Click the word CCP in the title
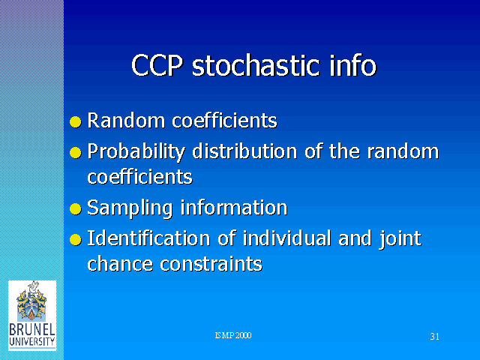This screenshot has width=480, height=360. pos(157,65)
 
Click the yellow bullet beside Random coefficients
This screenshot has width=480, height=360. pos(76,121)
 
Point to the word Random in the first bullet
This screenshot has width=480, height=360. pos(126,120)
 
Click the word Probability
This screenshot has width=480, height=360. pos(136,152)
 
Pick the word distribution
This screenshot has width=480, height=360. pos(244,151)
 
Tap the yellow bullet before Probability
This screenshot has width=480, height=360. pos(76,152)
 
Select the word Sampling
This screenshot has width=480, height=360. pos(130,208)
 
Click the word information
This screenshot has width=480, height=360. pos(234,207)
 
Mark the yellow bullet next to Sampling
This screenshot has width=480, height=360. pos(76,209)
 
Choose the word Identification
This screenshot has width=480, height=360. pos(148,238)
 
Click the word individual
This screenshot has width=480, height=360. pos(286,238)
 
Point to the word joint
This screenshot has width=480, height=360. pos(400,239)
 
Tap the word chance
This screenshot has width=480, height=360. pos(120,263)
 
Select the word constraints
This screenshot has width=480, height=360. pos(211,264)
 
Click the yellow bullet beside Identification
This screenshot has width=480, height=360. pos(76,240)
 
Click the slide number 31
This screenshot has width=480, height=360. pos(435,337)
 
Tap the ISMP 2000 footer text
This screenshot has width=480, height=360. pos(233,335)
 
